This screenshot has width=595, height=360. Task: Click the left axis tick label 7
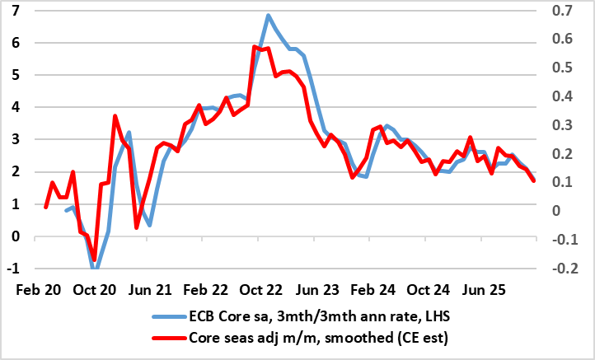tap(16, 11)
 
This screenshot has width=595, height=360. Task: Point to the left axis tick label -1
tap(14, 269)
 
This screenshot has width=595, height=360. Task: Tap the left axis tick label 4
tap(16, 108)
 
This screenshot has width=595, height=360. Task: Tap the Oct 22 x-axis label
tap(265, 290)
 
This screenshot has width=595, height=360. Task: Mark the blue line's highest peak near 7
tap(269, 15)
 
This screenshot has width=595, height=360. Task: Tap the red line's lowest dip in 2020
tap(94, 260)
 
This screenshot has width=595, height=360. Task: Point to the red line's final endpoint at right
tap(534, 180)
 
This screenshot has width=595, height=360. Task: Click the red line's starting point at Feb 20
tap(45, 207)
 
